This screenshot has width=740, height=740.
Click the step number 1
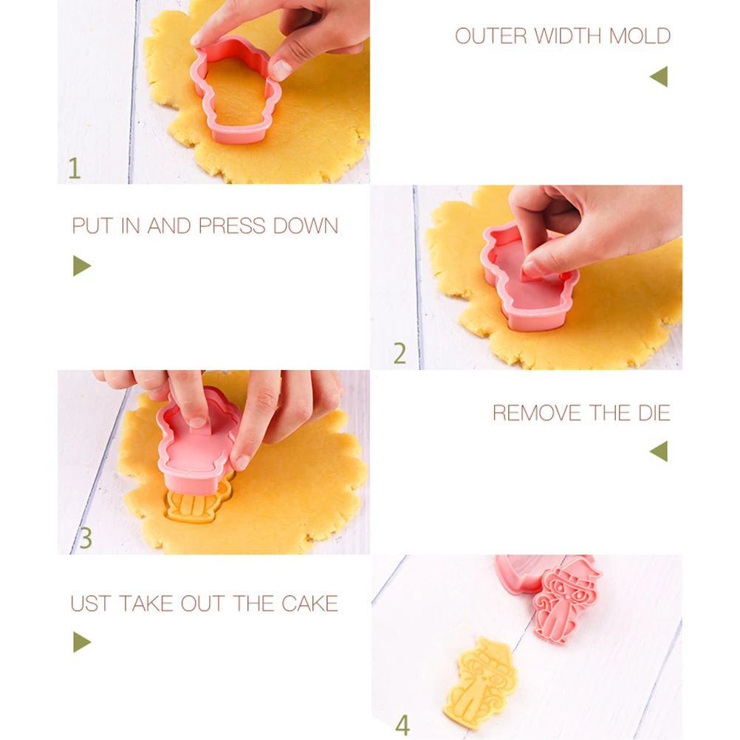pyautogui.click(x=74, y=168)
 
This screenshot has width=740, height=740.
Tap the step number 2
pyautogui.click(x=400, y=354)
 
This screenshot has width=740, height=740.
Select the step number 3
pyautogui.click(x=86, y=538)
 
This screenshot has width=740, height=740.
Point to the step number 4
pyautogui.click(x=402, y=724)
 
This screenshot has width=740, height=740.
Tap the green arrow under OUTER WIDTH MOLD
pyautogui.click(x=659, y=76)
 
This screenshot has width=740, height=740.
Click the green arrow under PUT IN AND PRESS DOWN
pyautogui.click(x=81, y=266)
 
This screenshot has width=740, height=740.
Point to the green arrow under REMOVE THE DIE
pyautogui.click(x=659, y=451)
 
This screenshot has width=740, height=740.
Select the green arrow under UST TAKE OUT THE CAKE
pyautogui.click(x=81, y=642)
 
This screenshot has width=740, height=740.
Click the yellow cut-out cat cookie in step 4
pyautogui.click(x=480, y=683)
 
